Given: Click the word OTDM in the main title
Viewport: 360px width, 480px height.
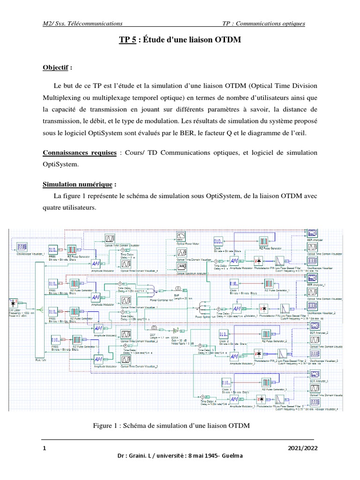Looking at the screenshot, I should pos(228,41).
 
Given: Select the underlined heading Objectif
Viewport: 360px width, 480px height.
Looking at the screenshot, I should pos(55,67).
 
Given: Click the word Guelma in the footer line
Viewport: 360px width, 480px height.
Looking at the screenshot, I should pos(230,457).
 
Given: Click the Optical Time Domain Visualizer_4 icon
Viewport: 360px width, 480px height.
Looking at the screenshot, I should pos(126,264).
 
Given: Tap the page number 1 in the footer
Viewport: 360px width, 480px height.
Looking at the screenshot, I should pos(44,448).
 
